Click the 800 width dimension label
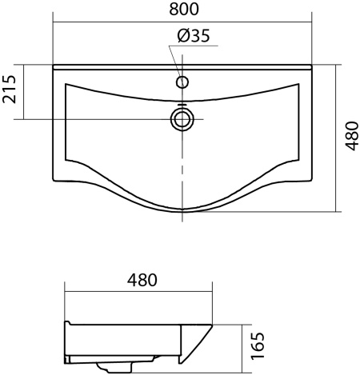184,9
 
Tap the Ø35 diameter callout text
194,35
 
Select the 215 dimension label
9,89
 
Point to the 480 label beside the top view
351,136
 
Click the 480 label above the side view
142,280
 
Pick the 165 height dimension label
258,345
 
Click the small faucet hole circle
182,82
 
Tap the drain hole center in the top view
182,119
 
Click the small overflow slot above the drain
182,104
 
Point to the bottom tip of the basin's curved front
182,212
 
